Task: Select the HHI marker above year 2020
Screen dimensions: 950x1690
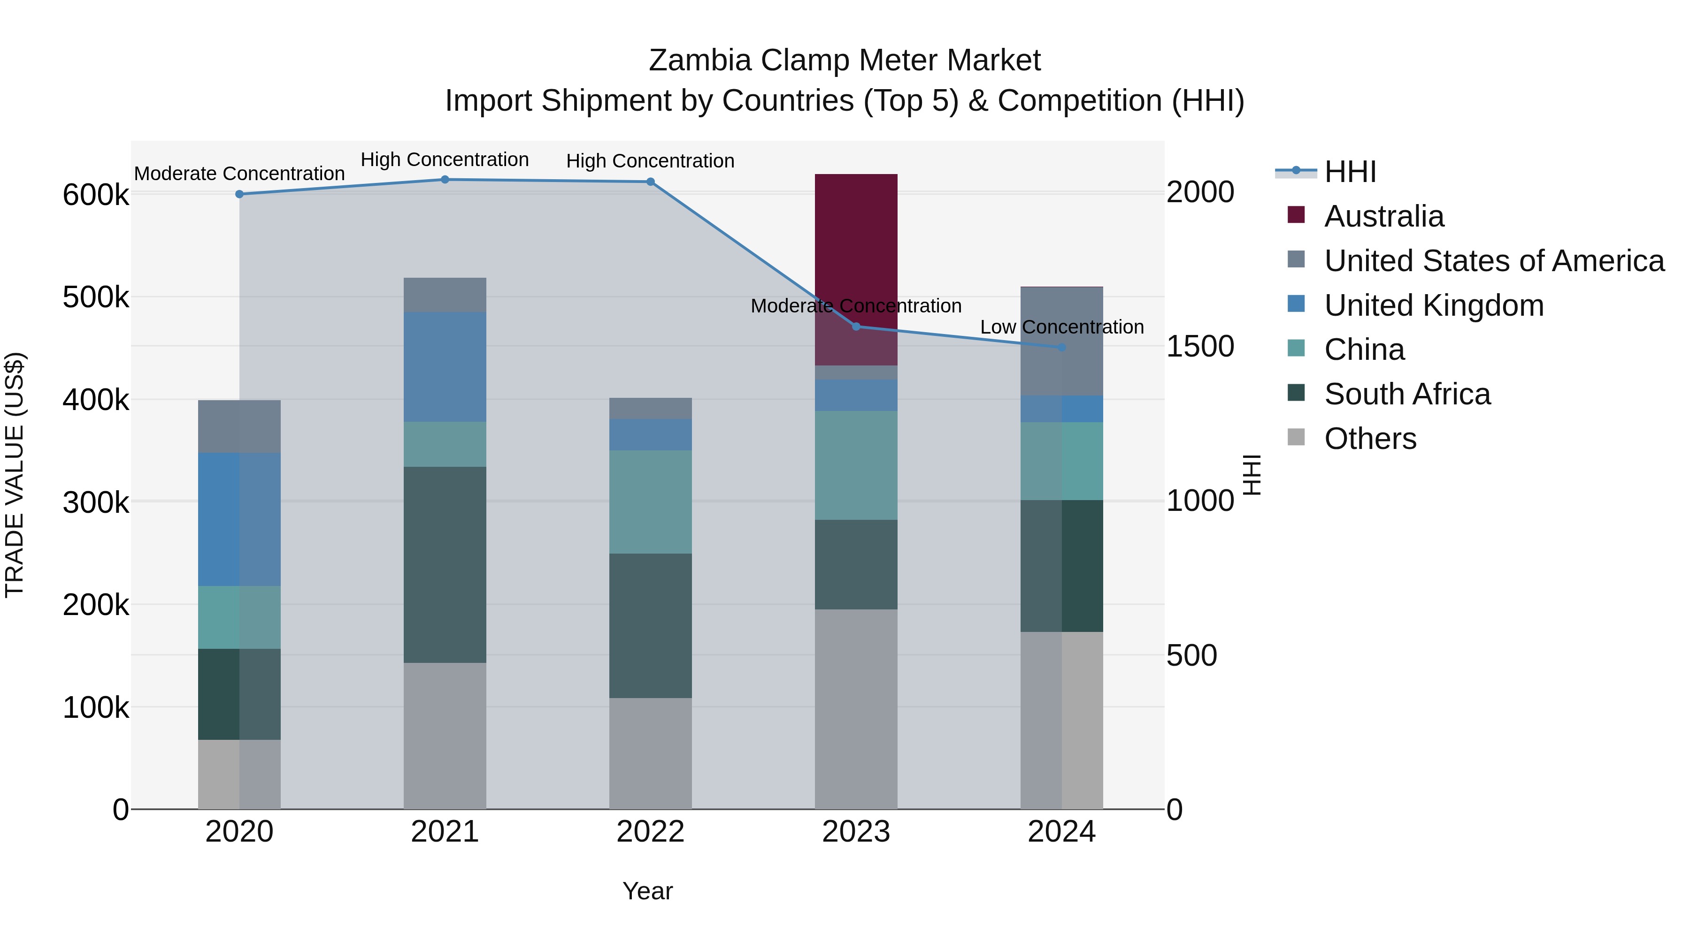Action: (x=239, y=194)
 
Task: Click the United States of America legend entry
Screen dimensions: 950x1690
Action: (x=1494, y=261)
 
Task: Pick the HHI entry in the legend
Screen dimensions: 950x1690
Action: (x=1350, y=172)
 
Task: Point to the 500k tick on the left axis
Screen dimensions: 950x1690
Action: (x=96, y=297)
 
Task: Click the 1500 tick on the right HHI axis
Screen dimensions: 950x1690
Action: (x=1200, y=347)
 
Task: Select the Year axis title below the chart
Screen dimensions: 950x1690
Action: (x=647, y=891)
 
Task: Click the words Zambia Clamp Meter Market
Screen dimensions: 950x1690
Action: (x=845, y=61)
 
